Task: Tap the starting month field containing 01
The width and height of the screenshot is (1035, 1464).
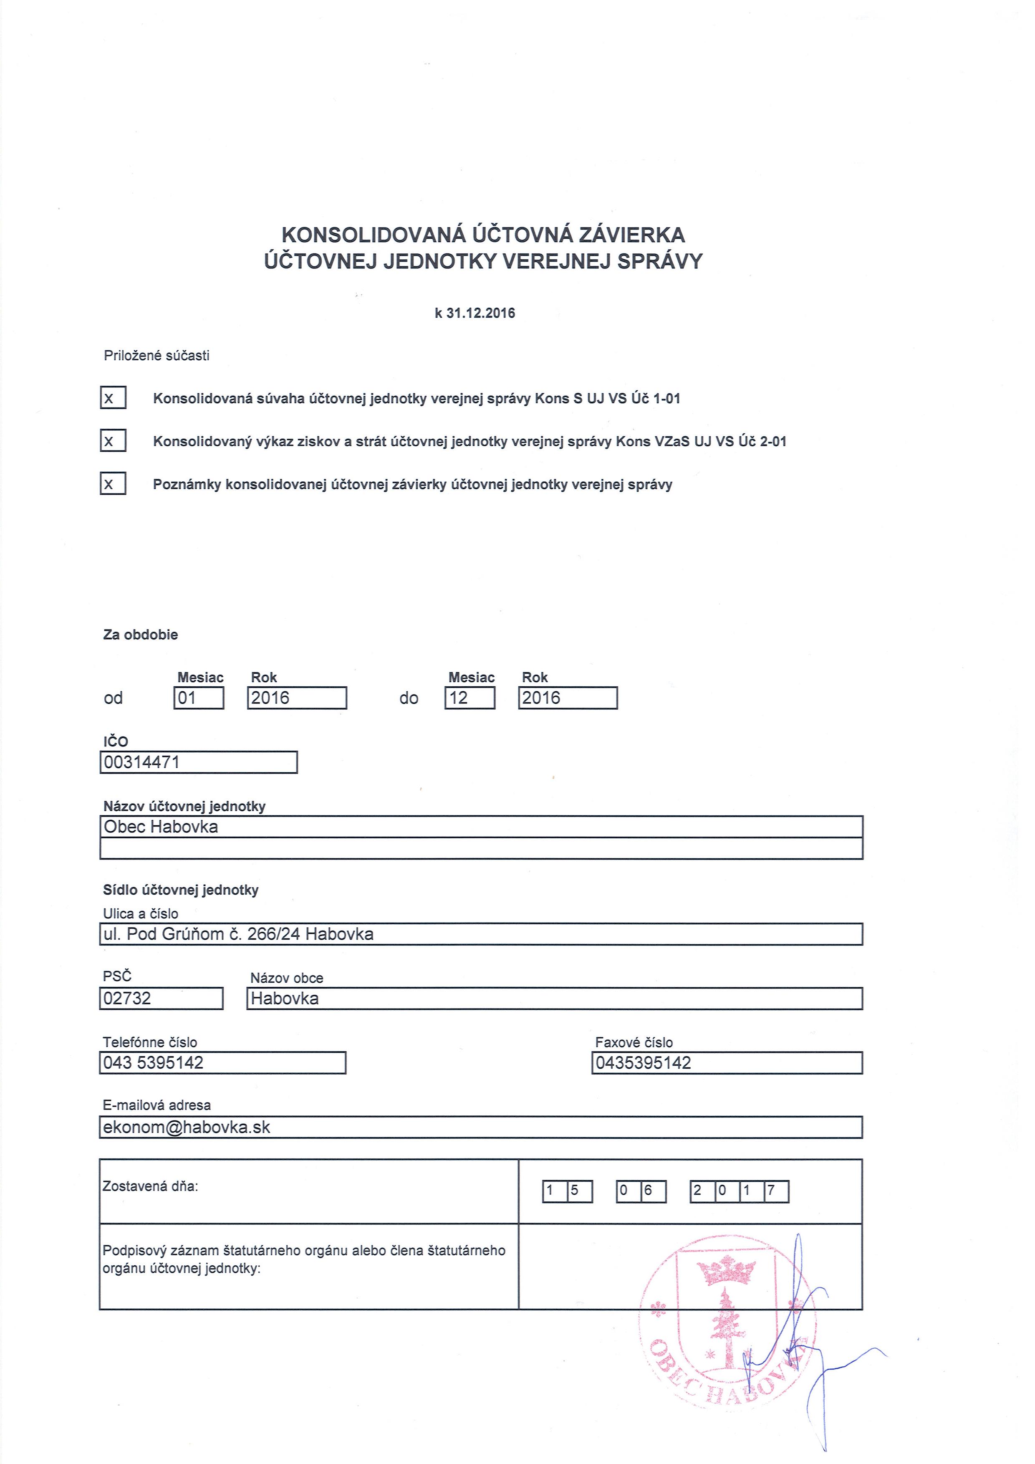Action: pyautogui.click(x=199, y=698)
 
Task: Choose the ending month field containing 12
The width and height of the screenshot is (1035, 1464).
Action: pyautogui.click(x=470, y=698)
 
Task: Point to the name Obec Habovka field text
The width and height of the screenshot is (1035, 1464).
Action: pyautogui.click(x=161, y=827)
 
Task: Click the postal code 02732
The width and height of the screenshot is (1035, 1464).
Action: pyautogui.click(x=127, y=998)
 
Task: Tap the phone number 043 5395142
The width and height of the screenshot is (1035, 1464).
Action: pyautogui.click(x=154, y=1062)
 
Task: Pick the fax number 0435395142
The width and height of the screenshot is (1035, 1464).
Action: pyautogui.click(x=643, y=1062)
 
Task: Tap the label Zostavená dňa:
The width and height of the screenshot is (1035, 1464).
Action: pyautogui.click(x=150, y=1186)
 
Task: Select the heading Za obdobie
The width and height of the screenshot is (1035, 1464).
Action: pyautogui.click(x=141, y=635)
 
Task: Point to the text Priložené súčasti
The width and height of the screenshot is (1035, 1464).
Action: pyautogui.click(x=157, y=356)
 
